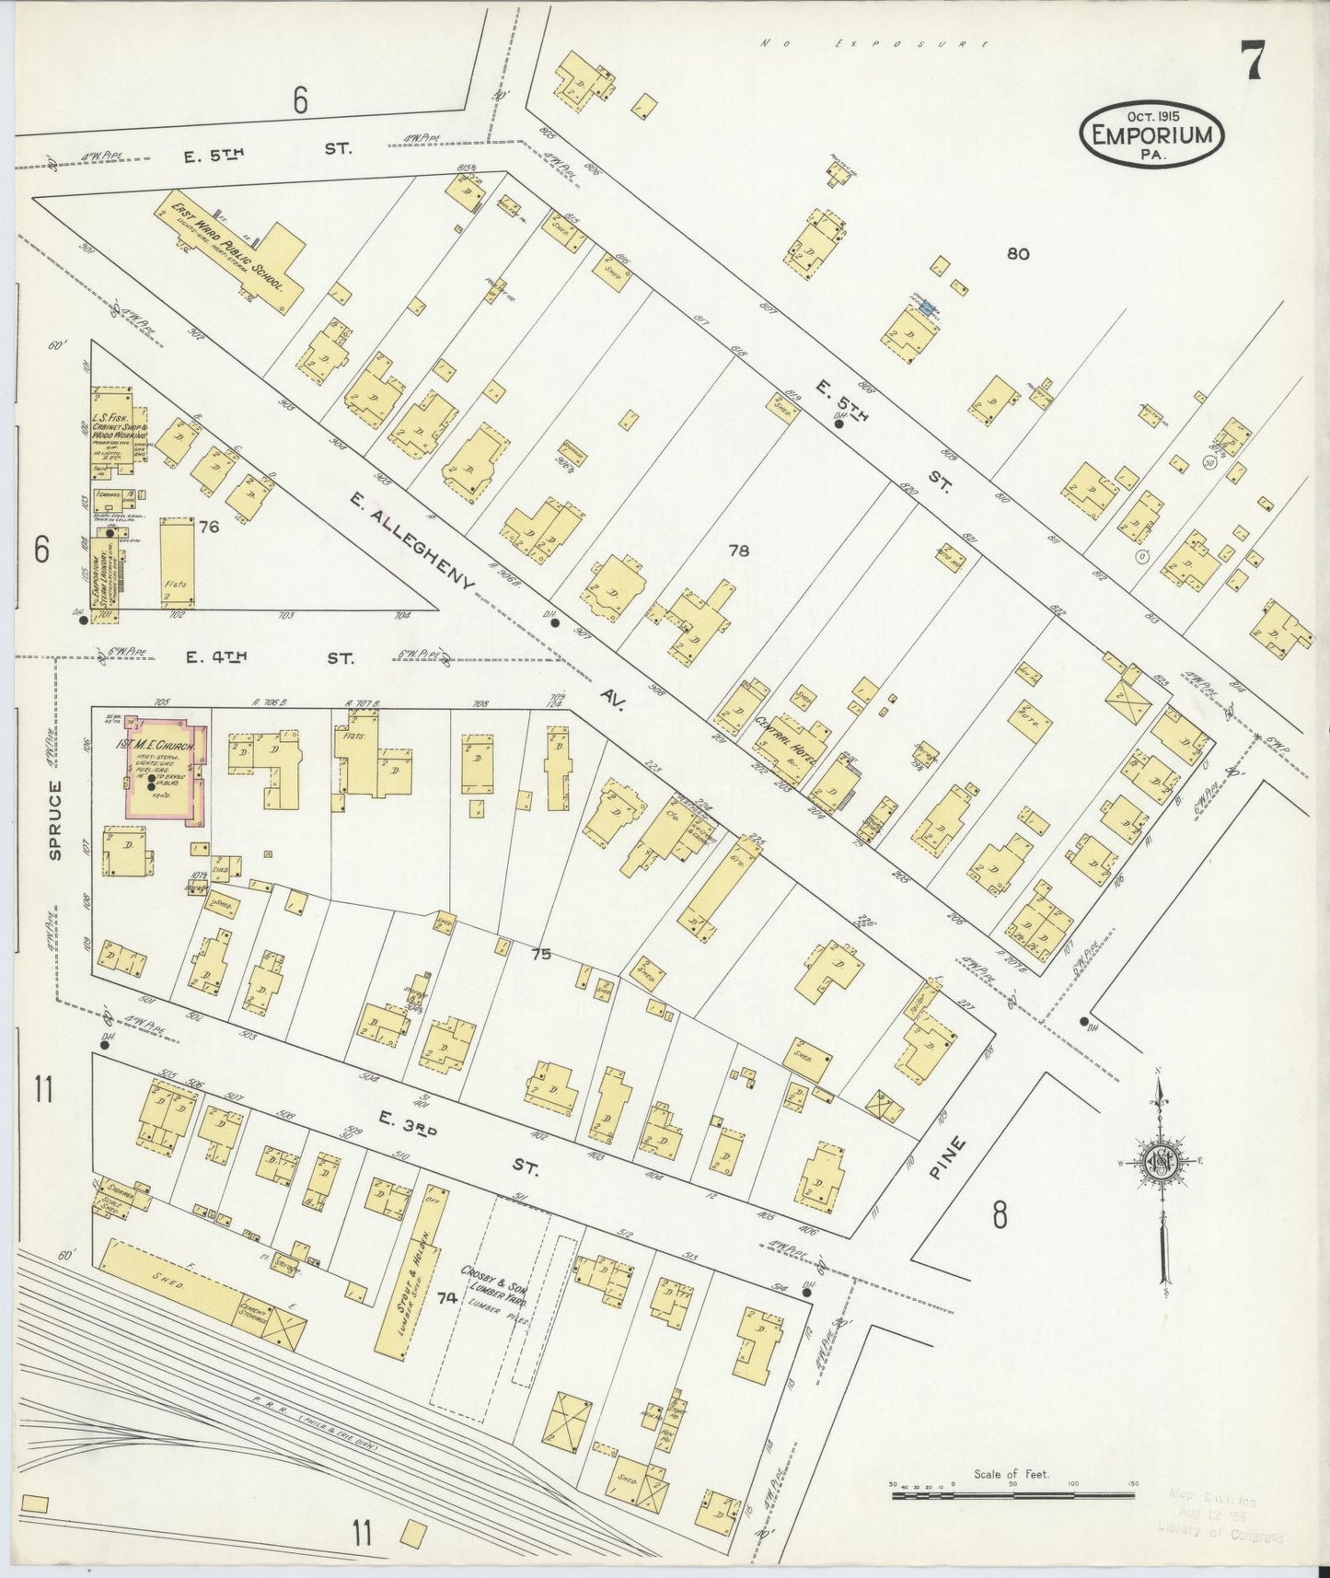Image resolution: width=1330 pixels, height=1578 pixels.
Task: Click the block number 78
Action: (738, 551)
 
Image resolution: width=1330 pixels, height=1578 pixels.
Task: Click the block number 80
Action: (1017, 254)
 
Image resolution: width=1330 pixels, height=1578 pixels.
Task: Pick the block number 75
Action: (540, 955)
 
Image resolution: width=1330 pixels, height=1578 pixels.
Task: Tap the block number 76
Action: (209, 527)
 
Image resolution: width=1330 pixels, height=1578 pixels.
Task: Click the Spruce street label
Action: (56, 819)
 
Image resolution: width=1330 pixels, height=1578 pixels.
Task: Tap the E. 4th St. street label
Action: (267, 657)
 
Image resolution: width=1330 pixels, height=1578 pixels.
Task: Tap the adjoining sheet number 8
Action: (1000, 1216)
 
